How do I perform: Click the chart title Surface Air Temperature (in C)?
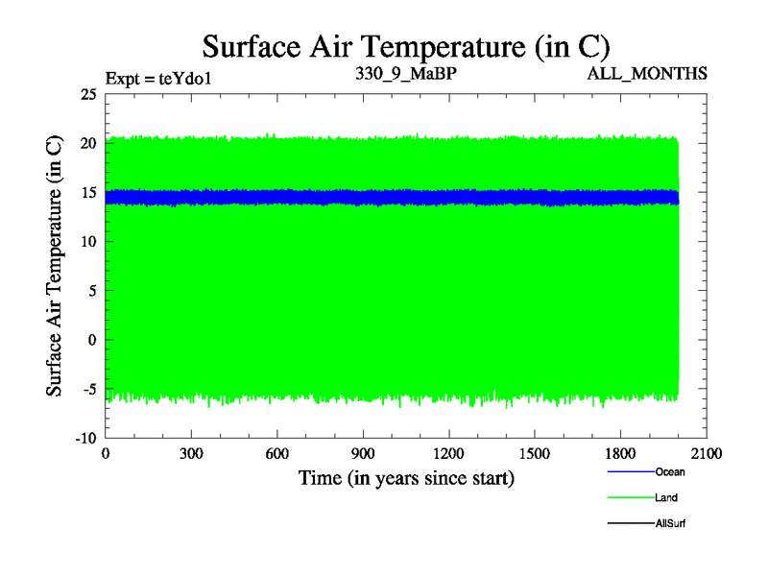point(406,46)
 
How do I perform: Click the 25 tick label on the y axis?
point(88,94)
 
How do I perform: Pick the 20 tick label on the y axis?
point(88,143)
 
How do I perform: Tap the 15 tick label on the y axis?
point(88,192)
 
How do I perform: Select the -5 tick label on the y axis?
point(87,388)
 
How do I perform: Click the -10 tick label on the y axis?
point(84,437)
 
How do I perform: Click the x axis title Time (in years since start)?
point(406,477)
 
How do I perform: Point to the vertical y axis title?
point(56,266)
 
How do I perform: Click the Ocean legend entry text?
point(670,472)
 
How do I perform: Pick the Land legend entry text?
point(667,498)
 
